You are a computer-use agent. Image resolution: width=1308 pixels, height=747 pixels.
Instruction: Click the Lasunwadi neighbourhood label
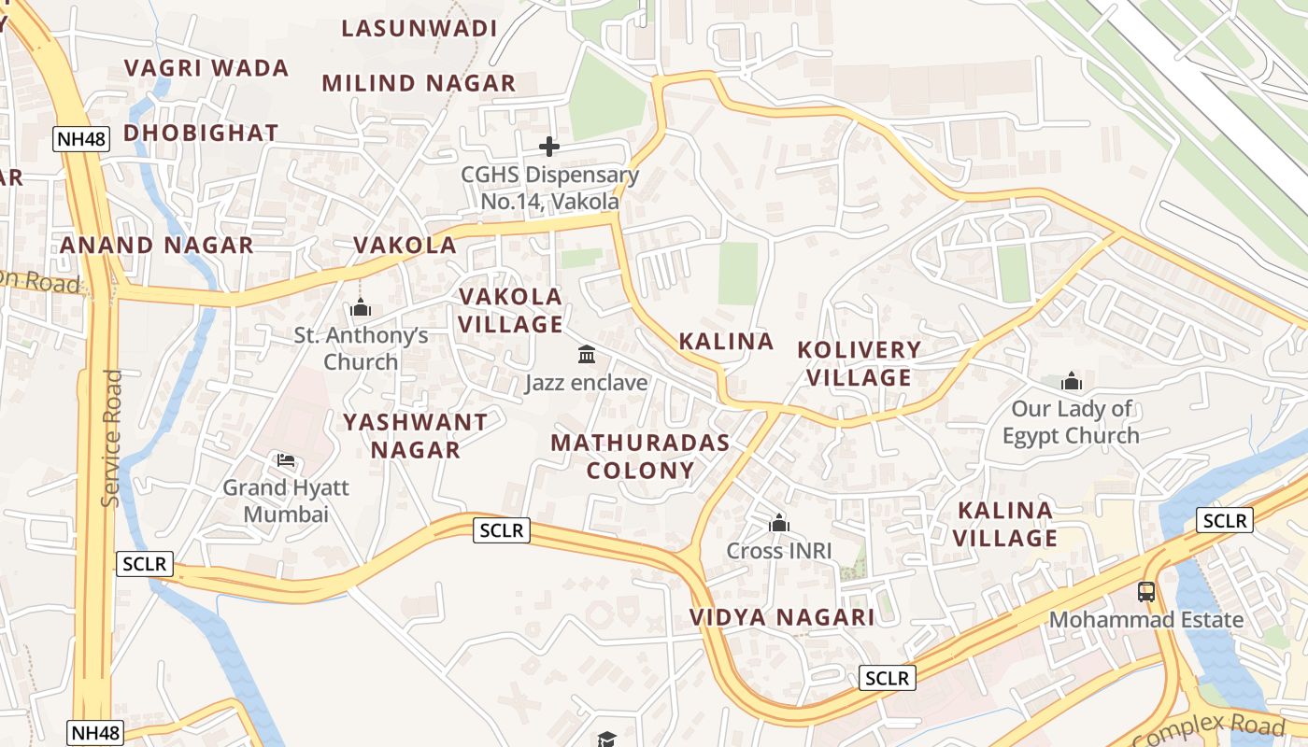[419, 28]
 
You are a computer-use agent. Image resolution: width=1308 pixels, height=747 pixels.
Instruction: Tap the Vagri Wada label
[206, 68]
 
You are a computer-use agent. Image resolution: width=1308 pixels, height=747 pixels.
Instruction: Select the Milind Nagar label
[419, 83]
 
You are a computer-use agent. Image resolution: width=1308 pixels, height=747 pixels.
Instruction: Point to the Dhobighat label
[201, 133]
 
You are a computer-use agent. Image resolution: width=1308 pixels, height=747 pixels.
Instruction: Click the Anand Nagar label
[157, 246]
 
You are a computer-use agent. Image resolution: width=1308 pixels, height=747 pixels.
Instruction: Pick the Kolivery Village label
[859, 363]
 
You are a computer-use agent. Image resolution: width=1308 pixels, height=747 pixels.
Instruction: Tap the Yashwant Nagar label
[415, 436]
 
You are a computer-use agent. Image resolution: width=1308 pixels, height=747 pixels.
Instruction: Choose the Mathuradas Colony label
[640, 457]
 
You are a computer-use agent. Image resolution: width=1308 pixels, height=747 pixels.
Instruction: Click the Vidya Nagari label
[782, 617]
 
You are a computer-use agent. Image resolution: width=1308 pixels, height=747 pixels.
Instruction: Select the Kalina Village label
[1005, 524]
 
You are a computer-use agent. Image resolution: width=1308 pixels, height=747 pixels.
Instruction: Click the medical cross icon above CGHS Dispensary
[549, 147]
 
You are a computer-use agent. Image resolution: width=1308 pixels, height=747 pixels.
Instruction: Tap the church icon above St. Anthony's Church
[361, 307]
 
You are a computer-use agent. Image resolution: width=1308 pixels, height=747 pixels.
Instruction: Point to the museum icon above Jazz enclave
[587, 355]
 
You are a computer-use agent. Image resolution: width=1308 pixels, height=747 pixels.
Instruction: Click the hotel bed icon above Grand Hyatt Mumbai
[286, 460]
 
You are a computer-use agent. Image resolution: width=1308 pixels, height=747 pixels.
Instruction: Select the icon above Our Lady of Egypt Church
[1072, 381]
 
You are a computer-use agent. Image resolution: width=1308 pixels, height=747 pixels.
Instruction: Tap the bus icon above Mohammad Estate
[1146, 591]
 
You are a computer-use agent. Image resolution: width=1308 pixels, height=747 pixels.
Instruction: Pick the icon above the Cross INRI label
[779, 524]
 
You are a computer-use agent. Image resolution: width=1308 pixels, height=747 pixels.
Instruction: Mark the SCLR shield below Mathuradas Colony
[503, 530]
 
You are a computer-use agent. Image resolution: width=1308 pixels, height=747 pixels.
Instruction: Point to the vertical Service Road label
[112, 439]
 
